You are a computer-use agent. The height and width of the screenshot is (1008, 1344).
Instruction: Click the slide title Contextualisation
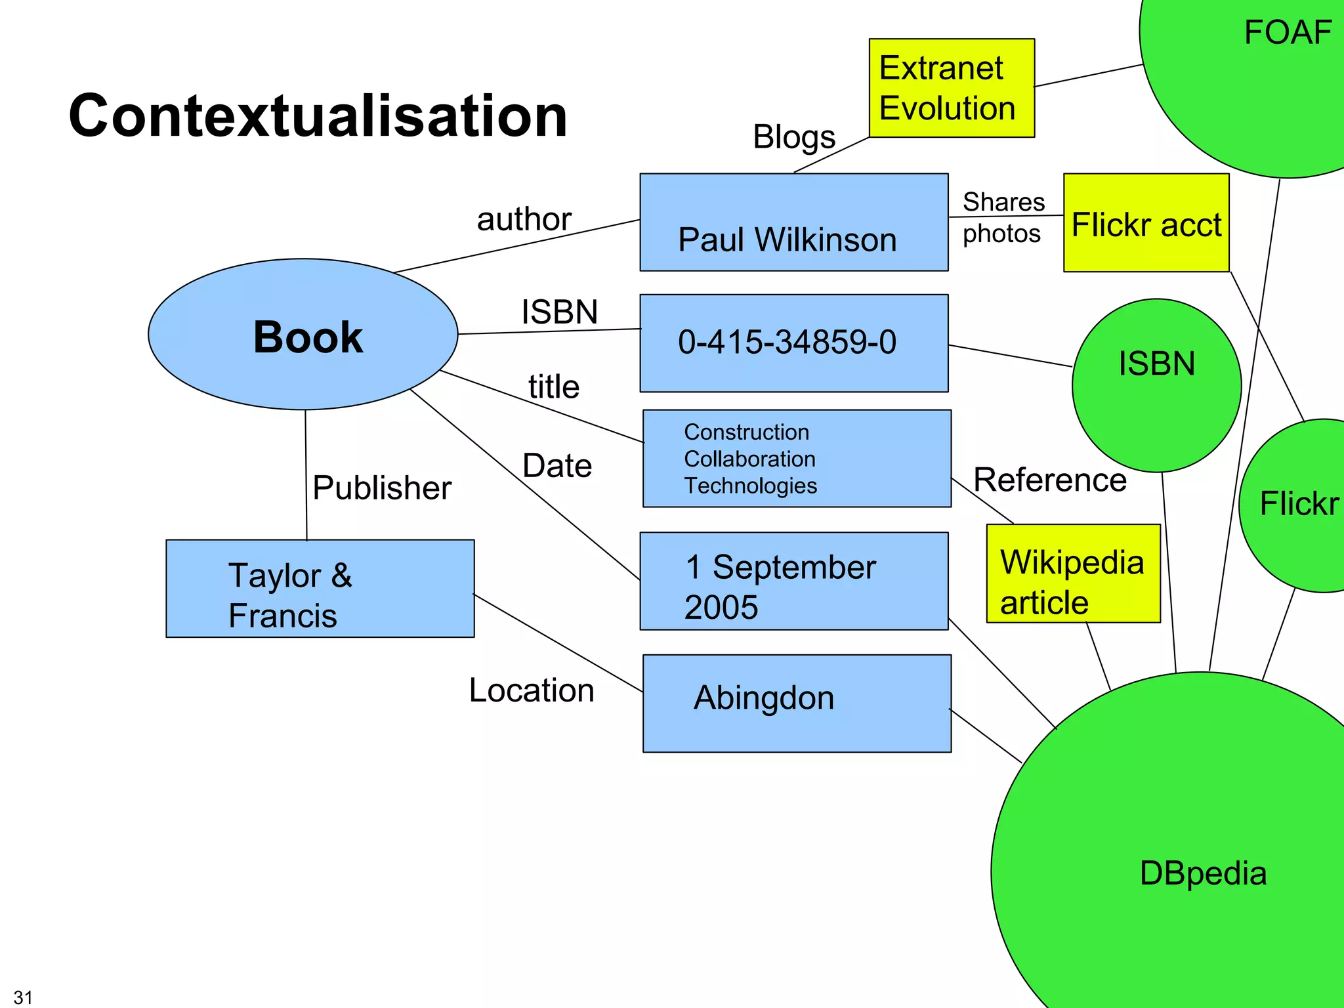(318, 116)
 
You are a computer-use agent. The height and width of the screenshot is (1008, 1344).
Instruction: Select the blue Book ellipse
(303, 335)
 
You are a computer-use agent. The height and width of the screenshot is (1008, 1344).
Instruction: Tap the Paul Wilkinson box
(793, 223)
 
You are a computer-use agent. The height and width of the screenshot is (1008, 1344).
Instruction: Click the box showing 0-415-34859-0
(793, 343)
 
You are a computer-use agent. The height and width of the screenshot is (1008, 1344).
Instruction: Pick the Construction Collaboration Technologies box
(796, 459)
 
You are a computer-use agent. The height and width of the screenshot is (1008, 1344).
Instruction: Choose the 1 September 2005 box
(793, 581)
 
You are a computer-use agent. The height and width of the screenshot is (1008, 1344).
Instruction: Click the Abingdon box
(796, 703)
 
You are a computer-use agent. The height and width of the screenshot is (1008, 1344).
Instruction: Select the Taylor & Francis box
(320, 589)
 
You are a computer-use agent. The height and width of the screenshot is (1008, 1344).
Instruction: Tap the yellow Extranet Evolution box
(951, 88)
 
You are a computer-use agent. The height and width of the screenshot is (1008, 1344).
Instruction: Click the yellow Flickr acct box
(1146, 223)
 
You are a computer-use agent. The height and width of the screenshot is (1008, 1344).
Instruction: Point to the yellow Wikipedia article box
(1073, 574)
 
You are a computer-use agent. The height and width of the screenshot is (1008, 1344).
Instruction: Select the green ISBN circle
(1156, 386)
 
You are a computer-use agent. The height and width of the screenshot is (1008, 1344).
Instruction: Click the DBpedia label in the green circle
(1202, 873)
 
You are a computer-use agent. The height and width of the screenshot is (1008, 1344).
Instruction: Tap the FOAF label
(1287, 33)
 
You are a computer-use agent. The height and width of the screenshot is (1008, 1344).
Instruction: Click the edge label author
(524, 219)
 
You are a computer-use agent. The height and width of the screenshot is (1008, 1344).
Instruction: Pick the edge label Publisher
(382, 488)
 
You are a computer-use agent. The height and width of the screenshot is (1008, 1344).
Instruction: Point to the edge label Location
(532, 690)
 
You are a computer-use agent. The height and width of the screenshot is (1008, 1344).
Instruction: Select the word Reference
(1049, 480)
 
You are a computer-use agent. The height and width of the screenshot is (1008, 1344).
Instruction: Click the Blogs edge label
(793, 138)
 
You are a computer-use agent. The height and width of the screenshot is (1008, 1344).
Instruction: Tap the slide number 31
(23, 997)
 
